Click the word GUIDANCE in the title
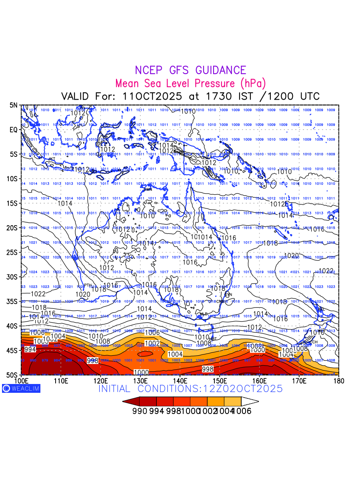tap(220, 70)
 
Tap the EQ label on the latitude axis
tap(14, 130)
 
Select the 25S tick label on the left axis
tap(13, 252)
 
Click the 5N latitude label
tap(14, 105)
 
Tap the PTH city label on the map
tap(88, 285)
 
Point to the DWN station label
tap(148, 189)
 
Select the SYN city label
tap(228, 294)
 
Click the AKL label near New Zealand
tap(321, 309)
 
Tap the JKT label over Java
tap(52, 159)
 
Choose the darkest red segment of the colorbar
tap(132, 401)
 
